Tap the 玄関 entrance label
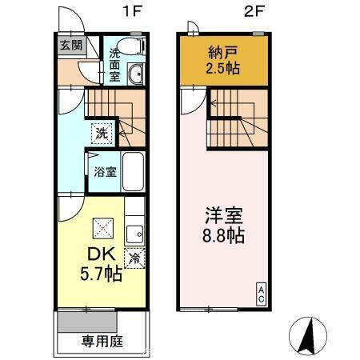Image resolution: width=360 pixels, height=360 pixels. [x=69, y=44]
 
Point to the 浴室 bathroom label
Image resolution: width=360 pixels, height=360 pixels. [x=102, y=171]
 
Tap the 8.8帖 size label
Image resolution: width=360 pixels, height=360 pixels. [x=224, y=238]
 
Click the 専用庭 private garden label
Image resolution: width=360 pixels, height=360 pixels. [x=102, y=341]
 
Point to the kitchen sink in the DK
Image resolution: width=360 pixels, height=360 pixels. [x=135, y=234]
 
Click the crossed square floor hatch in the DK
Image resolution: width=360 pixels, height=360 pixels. [x=102, y=228]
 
